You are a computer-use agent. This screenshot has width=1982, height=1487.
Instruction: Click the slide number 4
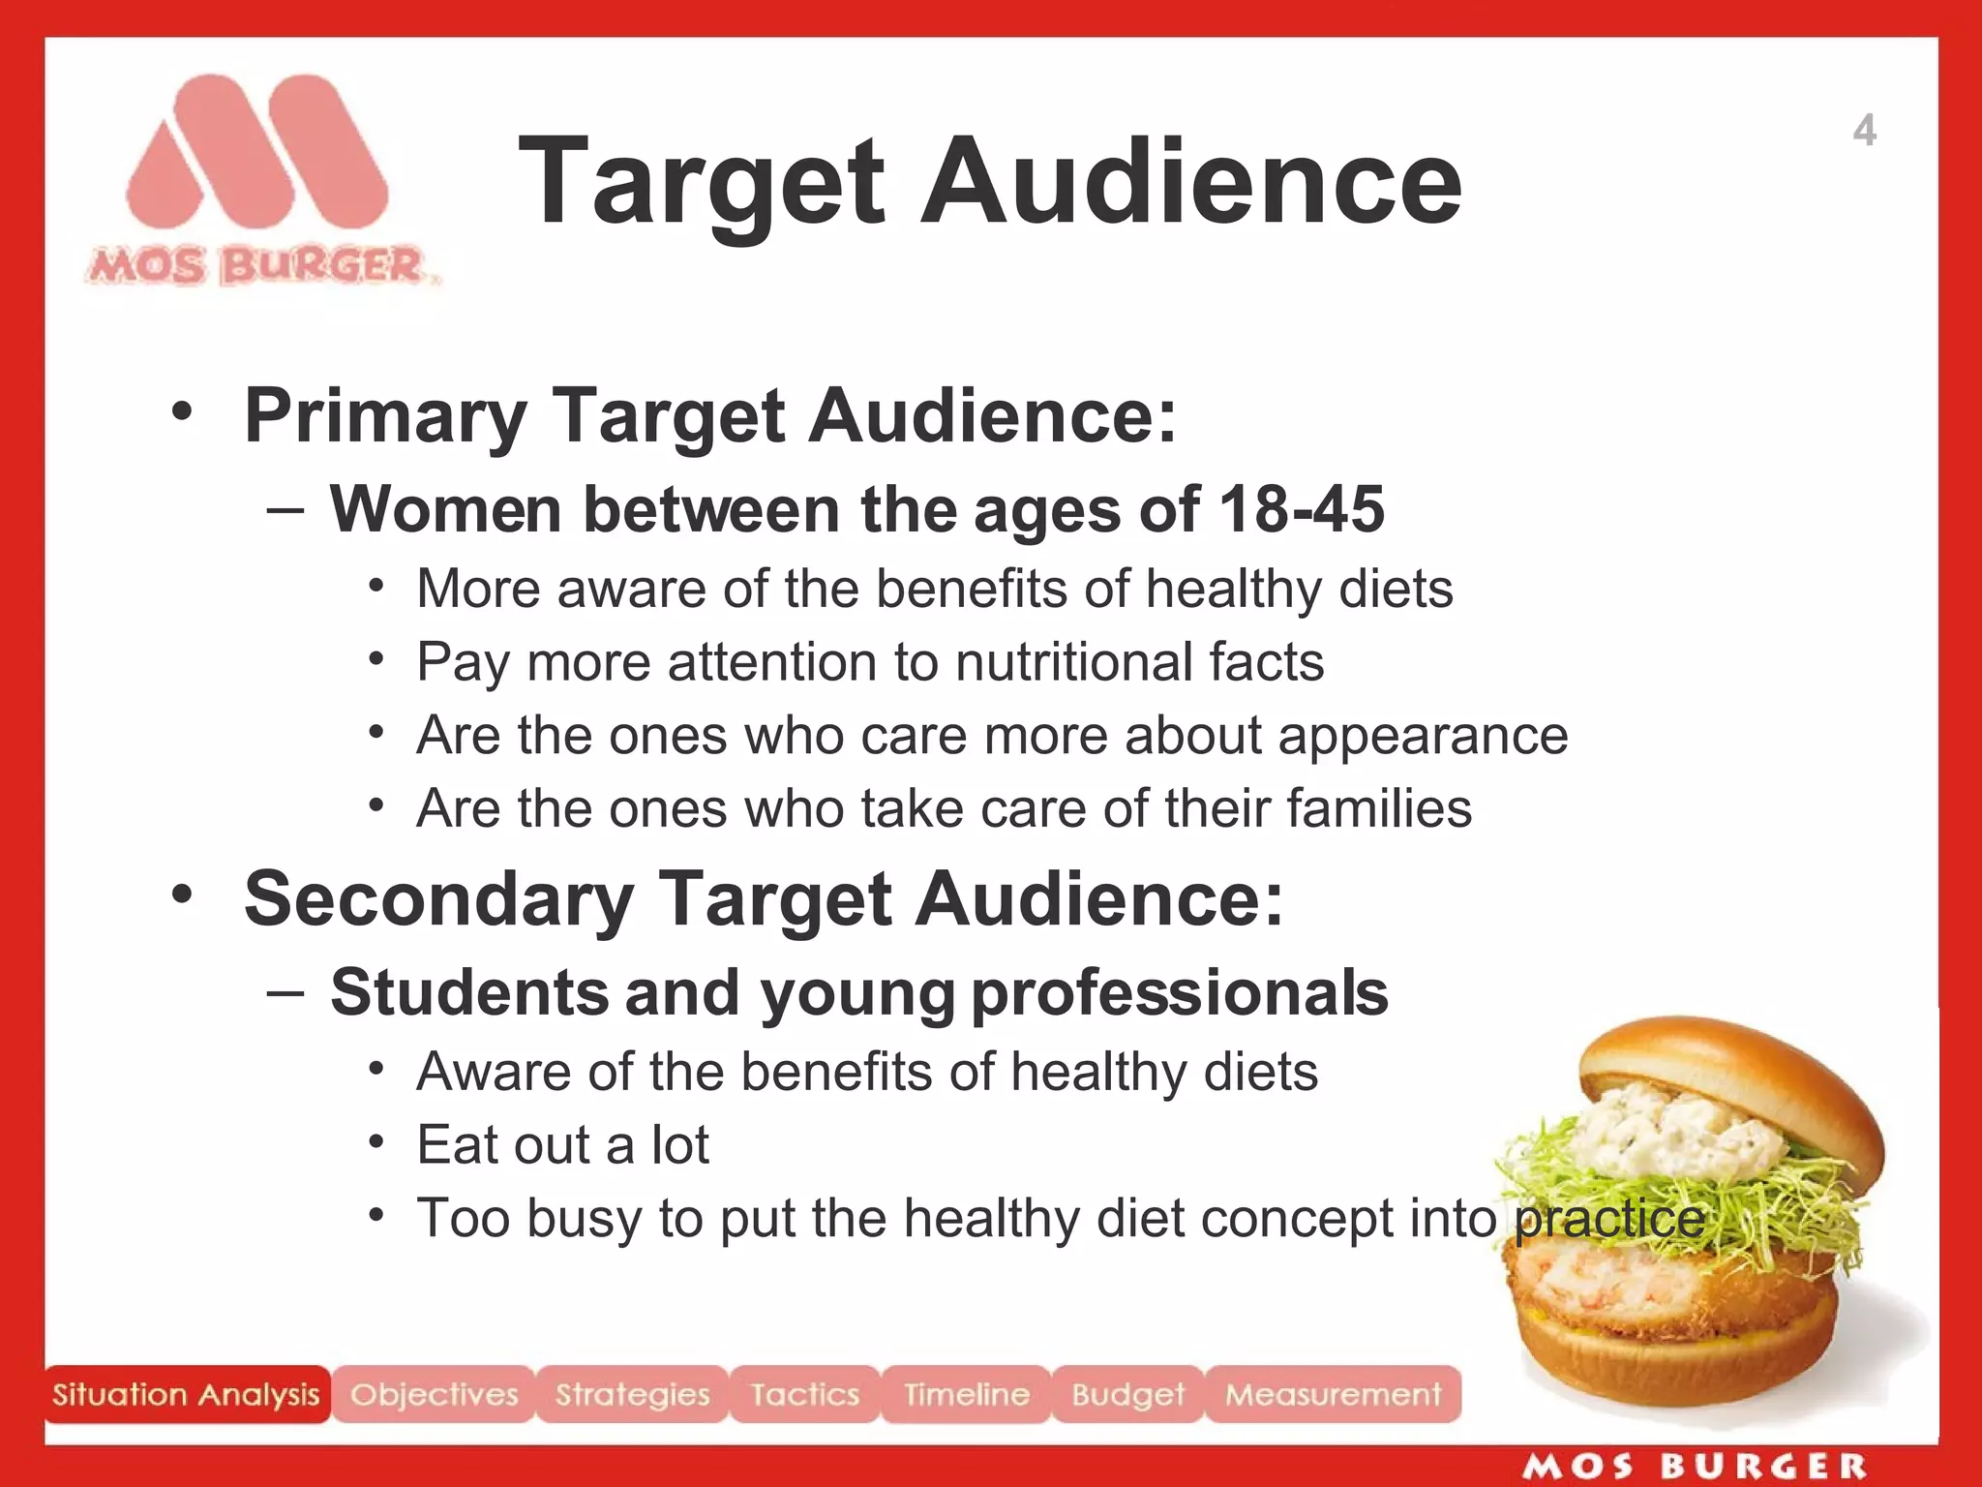[x=1864, y=131]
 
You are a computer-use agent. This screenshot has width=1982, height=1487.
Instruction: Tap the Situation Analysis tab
[x=186, y=1394]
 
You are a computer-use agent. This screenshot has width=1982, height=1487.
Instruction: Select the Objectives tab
[x=434, y=1394]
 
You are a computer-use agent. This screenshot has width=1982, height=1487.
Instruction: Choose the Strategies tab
[x=632, y=1394]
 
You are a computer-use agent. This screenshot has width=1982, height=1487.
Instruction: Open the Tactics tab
[x=804, y=1394]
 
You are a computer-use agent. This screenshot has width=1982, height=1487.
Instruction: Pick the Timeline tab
[x=966, y=1394]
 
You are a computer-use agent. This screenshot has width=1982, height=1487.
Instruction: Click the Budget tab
[x=1127, y=1394]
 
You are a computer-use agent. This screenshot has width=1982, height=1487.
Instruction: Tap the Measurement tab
[x=1333, y=1394]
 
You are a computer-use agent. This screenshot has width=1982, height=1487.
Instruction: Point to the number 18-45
[x=1301, y=509]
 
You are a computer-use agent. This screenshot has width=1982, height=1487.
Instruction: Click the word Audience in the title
[x=1190, y=182]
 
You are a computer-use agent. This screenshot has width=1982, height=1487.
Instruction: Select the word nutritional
[x=1073, y=662]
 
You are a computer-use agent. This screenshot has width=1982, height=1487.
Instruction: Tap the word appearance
[x=1423, y=736]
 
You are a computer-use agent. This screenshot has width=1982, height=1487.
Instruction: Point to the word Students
[x=469, y=992]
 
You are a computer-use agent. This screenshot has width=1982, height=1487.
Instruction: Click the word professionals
[x=1179, y=992]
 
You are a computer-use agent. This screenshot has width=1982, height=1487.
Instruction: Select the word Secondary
[x=438, y=898]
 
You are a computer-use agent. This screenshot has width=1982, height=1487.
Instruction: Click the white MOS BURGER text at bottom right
[x=1694, y=1467]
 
